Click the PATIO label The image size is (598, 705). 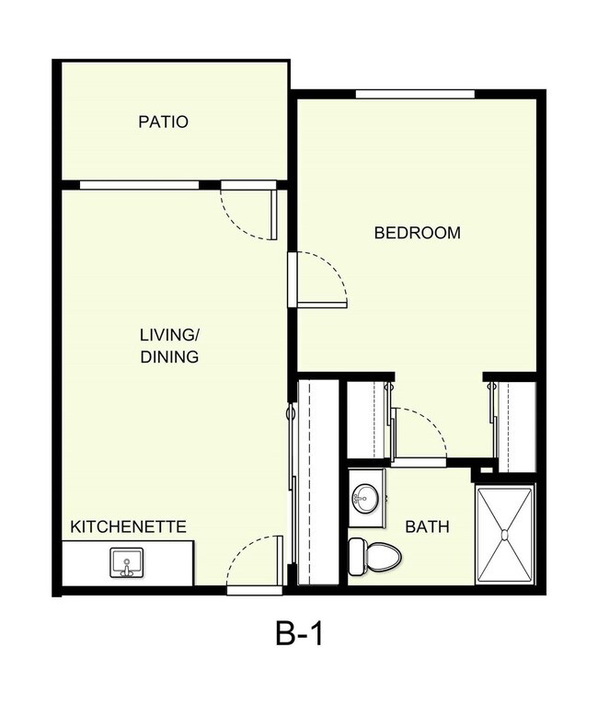pyautogui.click(x=163, y=121)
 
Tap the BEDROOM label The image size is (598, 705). pyautogui.click(x=417, y=233)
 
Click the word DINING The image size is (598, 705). pyautogui.click(x=169, y=356)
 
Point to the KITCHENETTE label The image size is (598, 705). pyautogui.click(x=129, y=527)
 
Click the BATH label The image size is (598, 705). pyautogui.click(x=428, y=527)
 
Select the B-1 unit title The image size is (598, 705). pyautogui.click(x=299, y=634)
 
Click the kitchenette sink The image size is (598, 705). pyautogui.click(x=124, y=561)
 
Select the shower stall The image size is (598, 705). pyautogui.click(x=505, y=533)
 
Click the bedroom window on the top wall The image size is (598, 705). pyautogui.click(x=415, y=93)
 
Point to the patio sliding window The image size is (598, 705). pyautogui.click(x=139, y=184)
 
